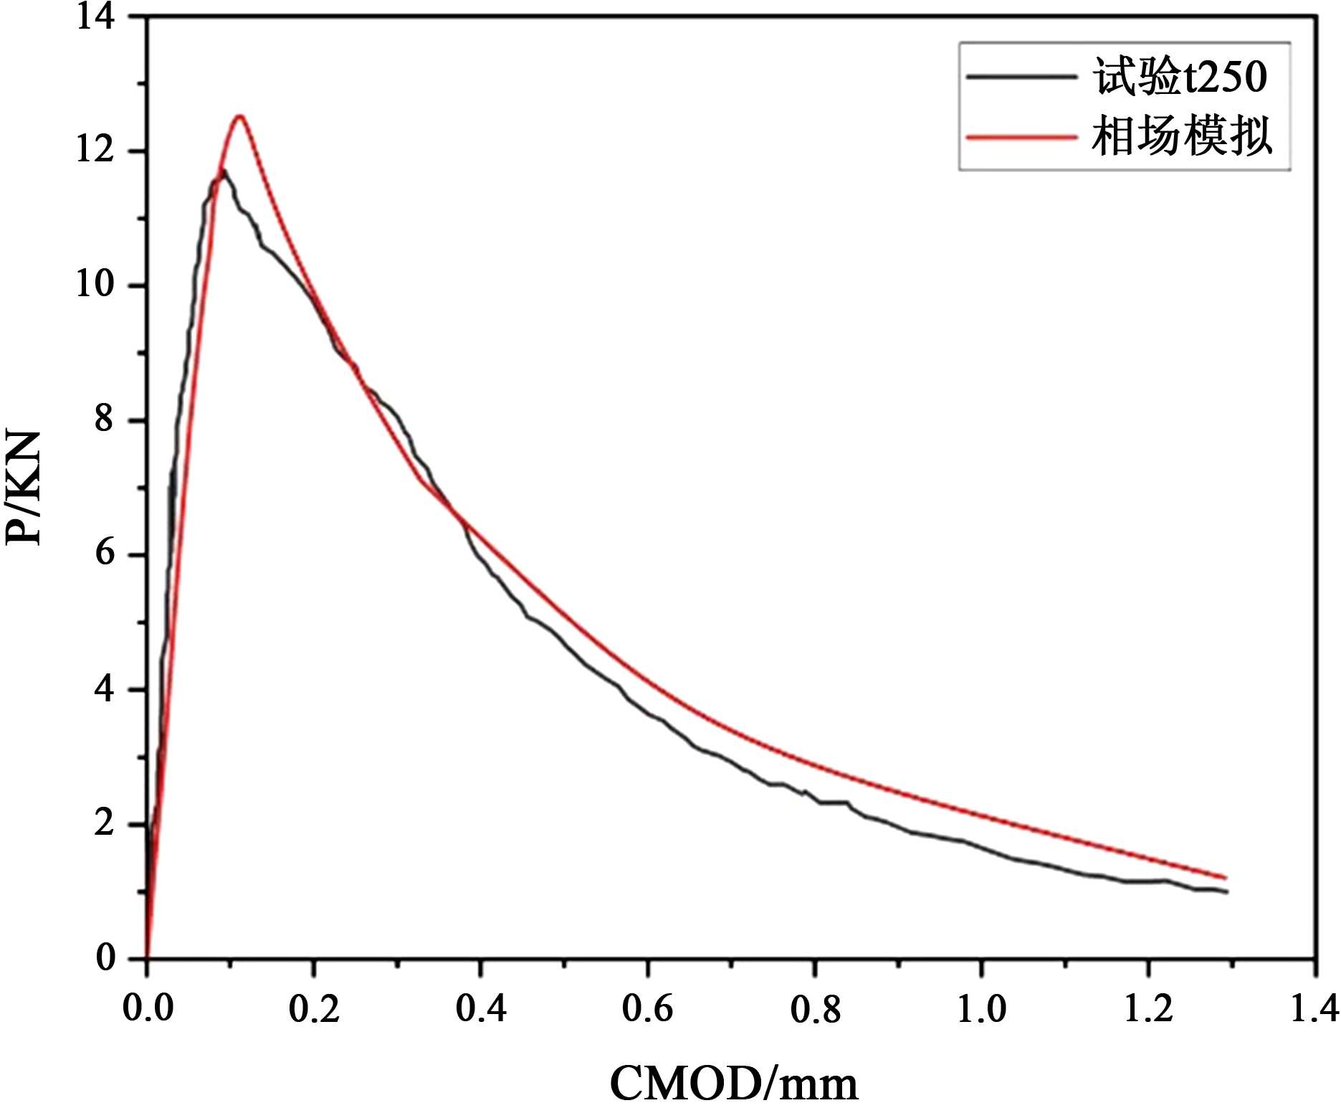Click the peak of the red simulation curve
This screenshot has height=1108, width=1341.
click(x=239, y=116)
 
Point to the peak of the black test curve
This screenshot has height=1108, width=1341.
click(x=224, y=171)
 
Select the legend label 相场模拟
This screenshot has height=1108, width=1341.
click(x=1181, y=136)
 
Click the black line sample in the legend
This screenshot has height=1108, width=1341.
click(x=1022, y=76)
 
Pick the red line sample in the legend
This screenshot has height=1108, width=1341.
click(x=1022, y=136)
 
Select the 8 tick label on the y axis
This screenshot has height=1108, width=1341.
click(x=105, y=420)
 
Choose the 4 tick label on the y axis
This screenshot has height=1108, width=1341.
click(x=105, y=690)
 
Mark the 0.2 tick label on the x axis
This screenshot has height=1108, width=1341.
click(x=314, y=1008)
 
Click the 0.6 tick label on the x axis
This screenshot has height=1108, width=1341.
click(x=647, y=1008)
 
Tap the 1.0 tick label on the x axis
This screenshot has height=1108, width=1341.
click(x=981, y=1008)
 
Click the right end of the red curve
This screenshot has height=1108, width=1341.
click(x=1226, y=878)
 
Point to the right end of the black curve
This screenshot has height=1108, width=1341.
click(x=1228, y=892)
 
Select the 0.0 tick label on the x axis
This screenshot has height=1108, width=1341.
click(x=148, y=1008)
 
